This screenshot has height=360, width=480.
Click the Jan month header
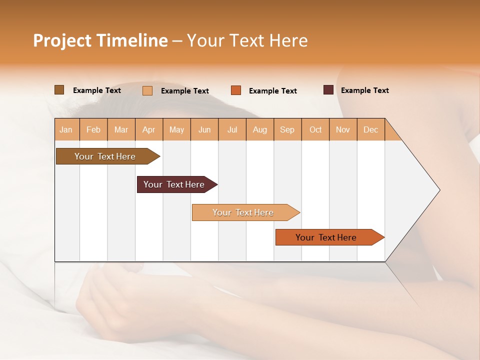(66, 129)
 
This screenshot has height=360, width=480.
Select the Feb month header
(93, 129)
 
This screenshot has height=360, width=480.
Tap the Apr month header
(148, 129)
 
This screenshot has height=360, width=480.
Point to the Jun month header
(204, 129)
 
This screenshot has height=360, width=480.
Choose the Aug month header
(259, 129)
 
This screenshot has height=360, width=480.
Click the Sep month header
(287, 129)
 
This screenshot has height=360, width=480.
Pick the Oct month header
(315, 129)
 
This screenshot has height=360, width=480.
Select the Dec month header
(370, 129)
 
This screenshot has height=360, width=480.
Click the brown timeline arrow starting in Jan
(105, 156)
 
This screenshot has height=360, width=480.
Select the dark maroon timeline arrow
(174, 184)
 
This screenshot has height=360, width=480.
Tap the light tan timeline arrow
(243, 212)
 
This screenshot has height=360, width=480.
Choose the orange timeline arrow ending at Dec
(326, 237)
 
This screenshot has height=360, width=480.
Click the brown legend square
(59, 90)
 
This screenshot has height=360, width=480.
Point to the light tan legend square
(147, 90)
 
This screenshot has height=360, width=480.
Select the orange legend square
(236, 90)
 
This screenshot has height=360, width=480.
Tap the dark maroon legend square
(328, 90)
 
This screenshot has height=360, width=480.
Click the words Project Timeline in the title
(100, 40)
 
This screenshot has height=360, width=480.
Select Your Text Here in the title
(247, 40)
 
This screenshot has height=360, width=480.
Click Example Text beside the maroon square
(364, 90)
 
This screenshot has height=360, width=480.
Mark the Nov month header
(342, 129)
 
